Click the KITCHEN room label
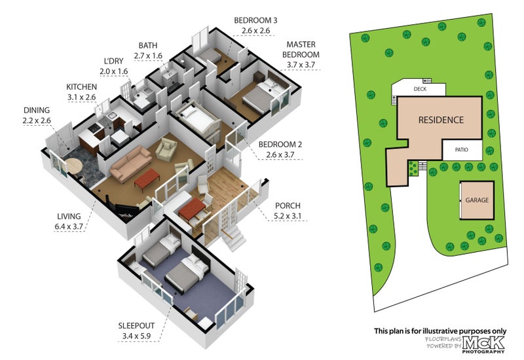81,87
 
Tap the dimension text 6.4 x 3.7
69,226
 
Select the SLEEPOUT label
136,325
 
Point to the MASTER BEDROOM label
301,50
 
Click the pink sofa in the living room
130,163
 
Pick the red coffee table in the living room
147,179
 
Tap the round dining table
73,166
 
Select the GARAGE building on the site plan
477,200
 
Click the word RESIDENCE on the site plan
441,120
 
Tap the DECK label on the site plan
420,89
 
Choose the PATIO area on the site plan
462,150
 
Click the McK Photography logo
483,345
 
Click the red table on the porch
191,209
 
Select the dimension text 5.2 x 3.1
288,216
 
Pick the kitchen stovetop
95,127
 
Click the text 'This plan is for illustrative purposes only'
440,331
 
